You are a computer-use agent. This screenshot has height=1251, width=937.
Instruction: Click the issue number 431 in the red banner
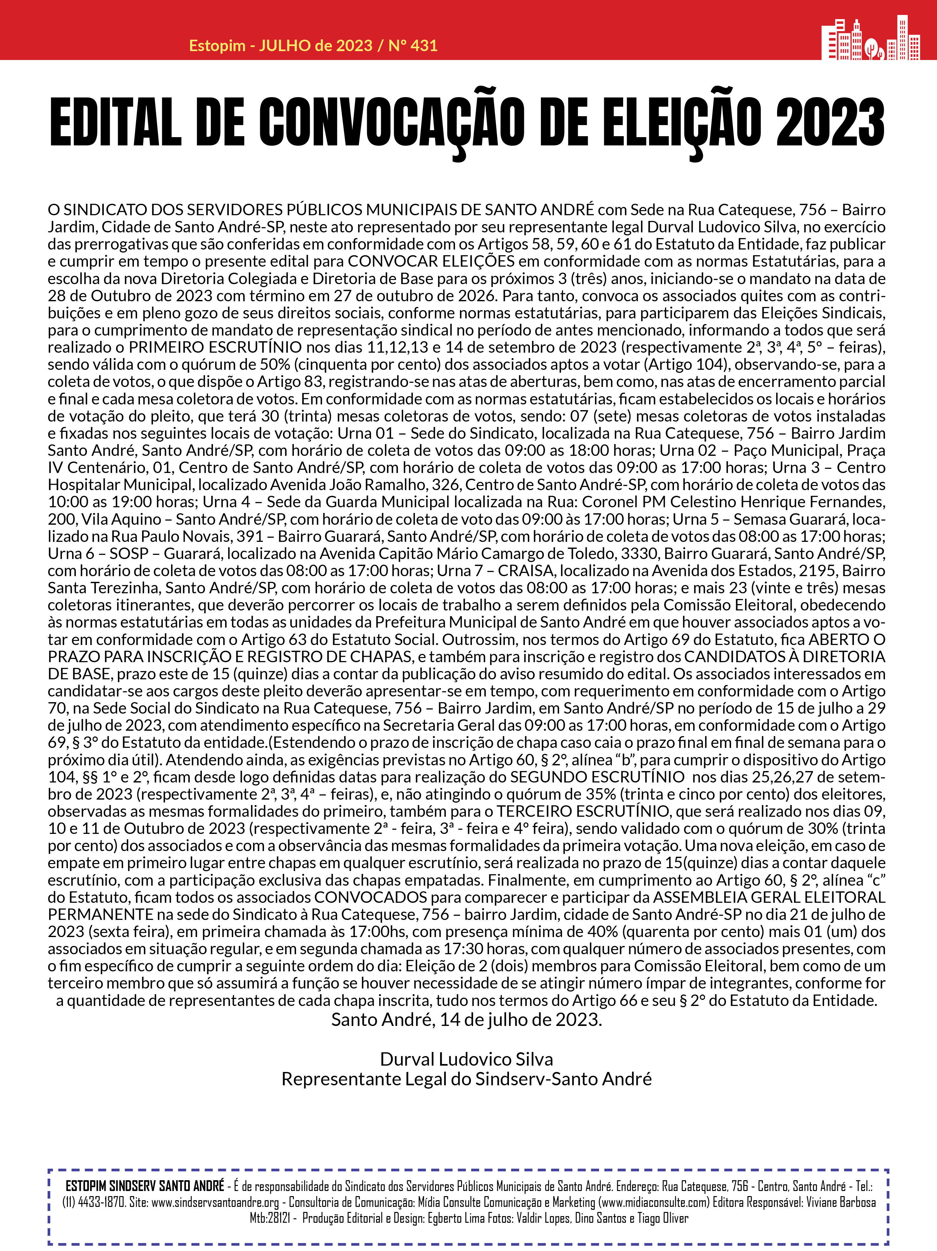pos(425,46)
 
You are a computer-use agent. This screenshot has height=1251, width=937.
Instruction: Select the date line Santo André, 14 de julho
pos(466,1020)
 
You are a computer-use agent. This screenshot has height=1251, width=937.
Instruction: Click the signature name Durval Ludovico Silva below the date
pos(466,1059)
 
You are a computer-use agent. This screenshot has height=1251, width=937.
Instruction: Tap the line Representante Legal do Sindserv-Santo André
pos(466,1079)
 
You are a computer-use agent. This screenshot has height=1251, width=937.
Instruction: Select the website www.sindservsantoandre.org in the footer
pos(215,1202)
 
